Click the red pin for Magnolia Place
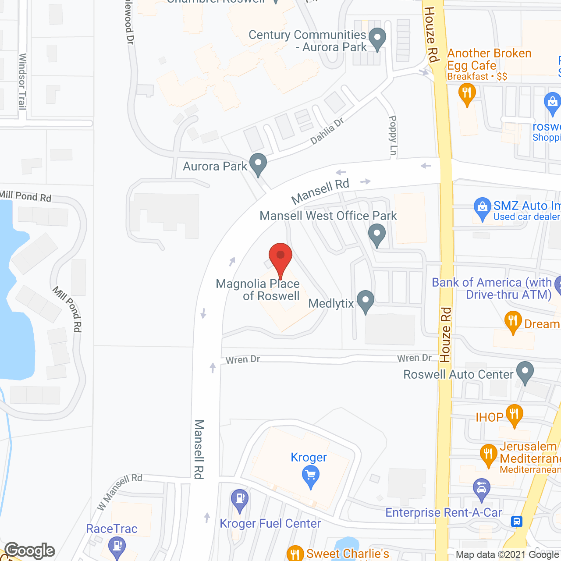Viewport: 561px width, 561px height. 280,256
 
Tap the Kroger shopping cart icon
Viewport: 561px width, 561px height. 310,476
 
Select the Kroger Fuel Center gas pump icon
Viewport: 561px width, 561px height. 240,500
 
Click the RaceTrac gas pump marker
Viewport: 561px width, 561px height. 117,547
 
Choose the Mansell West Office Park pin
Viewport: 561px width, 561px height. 376,234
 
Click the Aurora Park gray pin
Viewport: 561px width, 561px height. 258,164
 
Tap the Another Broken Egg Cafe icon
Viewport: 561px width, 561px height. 467,94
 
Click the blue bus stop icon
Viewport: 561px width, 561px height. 517,521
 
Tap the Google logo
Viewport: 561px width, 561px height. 30,550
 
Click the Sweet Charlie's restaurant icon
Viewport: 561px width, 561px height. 295,554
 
